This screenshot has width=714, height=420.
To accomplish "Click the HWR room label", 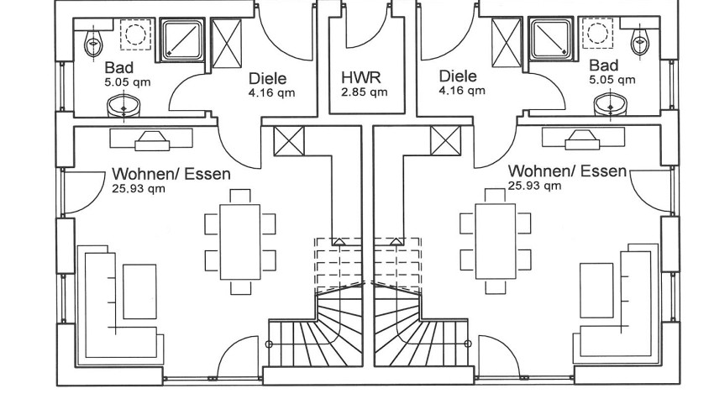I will point(360,77).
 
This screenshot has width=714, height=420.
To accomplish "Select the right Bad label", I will point(603,65).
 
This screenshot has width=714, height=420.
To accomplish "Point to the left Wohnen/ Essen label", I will point(171,174).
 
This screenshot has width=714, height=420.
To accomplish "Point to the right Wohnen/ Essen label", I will point(567,171).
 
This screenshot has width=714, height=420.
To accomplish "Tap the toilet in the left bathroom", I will point(92,40).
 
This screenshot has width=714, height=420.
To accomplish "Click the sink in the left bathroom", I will point(125,106).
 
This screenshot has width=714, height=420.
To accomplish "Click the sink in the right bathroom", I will point(610,105).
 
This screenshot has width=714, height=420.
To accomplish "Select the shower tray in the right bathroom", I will point(550,38).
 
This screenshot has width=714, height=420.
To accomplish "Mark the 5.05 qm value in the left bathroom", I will point(123,82).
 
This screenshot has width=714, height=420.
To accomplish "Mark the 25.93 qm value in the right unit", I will point(534,186).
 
